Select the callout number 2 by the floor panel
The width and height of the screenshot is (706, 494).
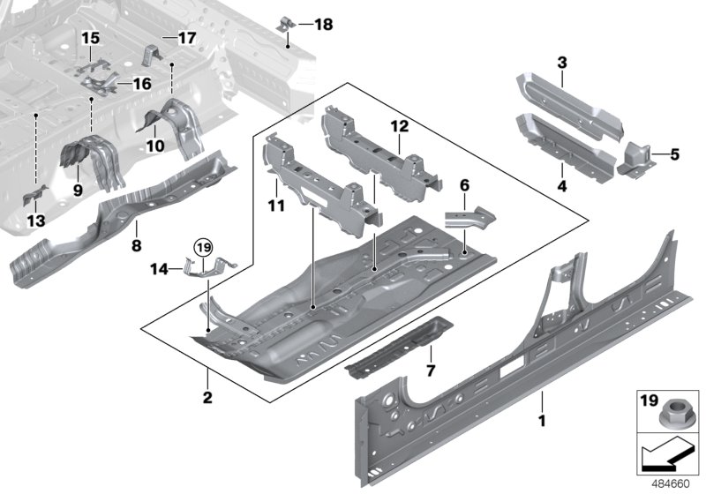coord(207,398)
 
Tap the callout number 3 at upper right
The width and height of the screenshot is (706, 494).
coord(561,62)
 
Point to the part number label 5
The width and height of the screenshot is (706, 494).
coord(676,154)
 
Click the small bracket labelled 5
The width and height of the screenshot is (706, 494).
coord(637,159)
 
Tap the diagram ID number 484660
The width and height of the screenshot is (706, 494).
coord(672,483)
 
